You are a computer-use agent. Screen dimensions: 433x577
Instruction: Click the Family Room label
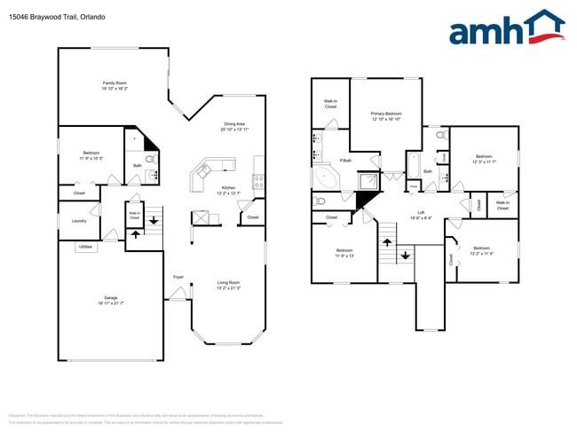tap(114, 83)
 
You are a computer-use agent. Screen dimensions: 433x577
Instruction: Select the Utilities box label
tap(85, 247)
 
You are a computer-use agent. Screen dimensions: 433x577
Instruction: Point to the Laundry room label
tap(79, 222)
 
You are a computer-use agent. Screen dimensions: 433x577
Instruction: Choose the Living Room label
tap(228, 283)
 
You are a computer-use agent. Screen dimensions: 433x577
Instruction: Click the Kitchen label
tap(228, 188)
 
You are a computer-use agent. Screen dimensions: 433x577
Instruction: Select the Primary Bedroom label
tap(386, 114)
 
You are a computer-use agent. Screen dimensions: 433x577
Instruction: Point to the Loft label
tap(421, 212)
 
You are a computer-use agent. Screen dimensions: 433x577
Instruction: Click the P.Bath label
tap(345, 161)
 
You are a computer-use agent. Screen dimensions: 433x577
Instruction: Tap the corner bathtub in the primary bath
tap(327, 177)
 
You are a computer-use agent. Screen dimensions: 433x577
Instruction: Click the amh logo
tap(507, 28)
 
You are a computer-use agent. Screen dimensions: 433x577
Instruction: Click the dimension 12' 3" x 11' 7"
tap(484, 162)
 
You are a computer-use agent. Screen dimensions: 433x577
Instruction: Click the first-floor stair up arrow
tap(135, 234)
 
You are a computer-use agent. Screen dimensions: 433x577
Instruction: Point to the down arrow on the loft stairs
tap(406, 256)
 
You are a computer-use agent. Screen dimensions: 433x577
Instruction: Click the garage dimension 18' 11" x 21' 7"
tap(110, 304)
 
